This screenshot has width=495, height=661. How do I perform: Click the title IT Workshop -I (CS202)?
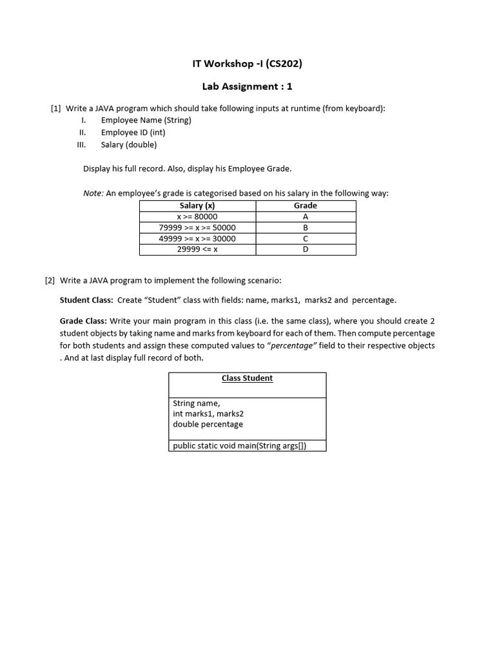(x=247, y=63)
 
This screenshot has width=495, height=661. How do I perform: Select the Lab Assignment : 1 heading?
(x=247, y=86)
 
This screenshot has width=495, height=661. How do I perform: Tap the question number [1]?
(x=56, y=108)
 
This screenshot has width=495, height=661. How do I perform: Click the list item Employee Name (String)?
(x=146, y=120)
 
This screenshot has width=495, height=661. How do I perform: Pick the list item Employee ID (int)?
(x=133, y=132)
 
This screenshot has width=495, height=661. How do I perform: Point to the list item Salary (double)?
(x=128, y=145)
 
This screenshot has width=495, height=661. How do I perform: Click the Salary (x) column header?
(x=197, y=205)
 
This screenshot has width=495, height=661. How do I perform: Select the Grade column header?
(x=306, y=205)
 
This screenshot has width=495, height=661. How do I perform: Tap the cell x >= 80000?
(x=197, y=217)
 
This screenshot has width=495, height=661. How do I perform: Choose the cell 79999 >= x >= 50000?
(x=197, y=228)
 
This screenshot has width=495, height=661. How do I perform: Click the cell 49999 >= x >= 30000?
(x=197, y=239)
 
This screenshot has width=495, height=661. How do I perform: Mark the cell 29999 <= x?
(x=197, y=249)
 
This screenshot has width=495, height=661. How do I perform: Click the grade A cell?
(x=306, y=217)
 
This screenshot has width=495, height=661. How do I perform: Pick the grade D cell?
(x=306, y=249)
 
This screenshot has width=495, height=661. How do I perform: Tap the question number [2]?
(x=50, y=281)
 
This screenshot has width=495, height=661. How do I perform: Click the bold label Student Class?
(x=86, y=300)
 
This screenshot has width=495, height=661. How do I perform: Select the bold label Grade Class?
(x=83, y=321)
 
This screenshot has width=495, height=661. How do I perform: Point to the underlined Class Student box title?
(x=247, y=378)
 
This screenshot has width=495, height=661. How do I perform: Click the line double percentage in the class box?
(x=208, y=424)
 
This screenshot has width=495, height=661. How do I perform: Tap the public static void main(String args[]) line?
(x=239, y=446)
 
